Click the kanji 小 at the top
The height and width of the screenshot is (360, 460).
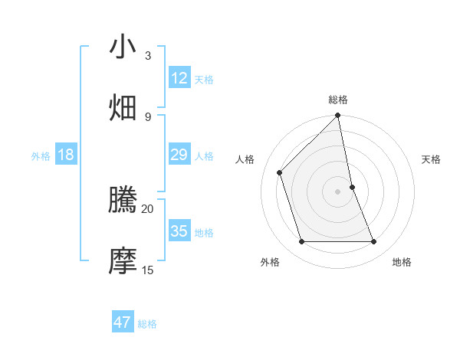click(x=123, y=47)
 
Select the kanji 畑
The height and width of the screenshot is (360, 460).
click(x=123, y=107)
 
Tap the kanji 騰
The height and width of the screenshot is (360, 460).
click(x=123, y=201)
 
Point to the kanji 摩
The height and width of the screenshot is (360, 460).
click(x=123, y=261)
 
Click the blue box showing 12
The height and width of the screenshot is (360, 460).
click(x=179, y=78)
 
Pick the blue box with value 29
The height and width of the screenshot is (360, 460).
click(x=179, y=155)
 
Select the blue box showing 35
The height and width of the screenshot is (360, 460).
click(x=179, y=231)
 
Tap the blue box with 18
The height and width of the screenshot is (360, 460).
click(x=66, y=155)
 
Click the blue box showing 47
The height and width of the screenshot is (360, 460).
click(x=123, y=322)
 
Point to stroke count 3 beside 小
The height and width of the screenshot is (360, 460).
click(x=147, y=55)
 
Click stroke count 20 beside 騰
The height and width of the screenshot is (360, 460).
click(x=147, y=208)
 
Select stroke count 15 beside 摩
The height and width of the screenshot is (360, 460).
click(x=147, y=270)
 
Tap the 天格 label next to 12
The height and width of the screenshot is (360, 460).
click(x=204, y=79)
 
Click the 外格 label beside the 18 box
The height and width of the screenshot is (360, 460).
click(x=41, y=155)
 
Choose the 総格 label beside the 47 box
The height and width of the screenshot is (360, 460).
click(x=147, y=323)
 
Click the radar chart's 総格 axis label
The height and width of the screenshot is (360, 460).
click(x=338, y=100)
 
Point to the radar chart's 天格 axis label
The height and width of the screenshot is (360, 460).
click(x=431, y=159)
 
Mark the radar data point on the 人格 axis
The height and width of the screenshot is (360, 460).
click(x=280, y=172)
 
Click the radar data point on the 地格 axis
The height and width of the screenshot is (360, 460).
click(x=374, y=242)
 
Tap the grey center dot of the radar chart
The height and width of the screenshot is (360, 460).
click(x=338, y=191)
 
